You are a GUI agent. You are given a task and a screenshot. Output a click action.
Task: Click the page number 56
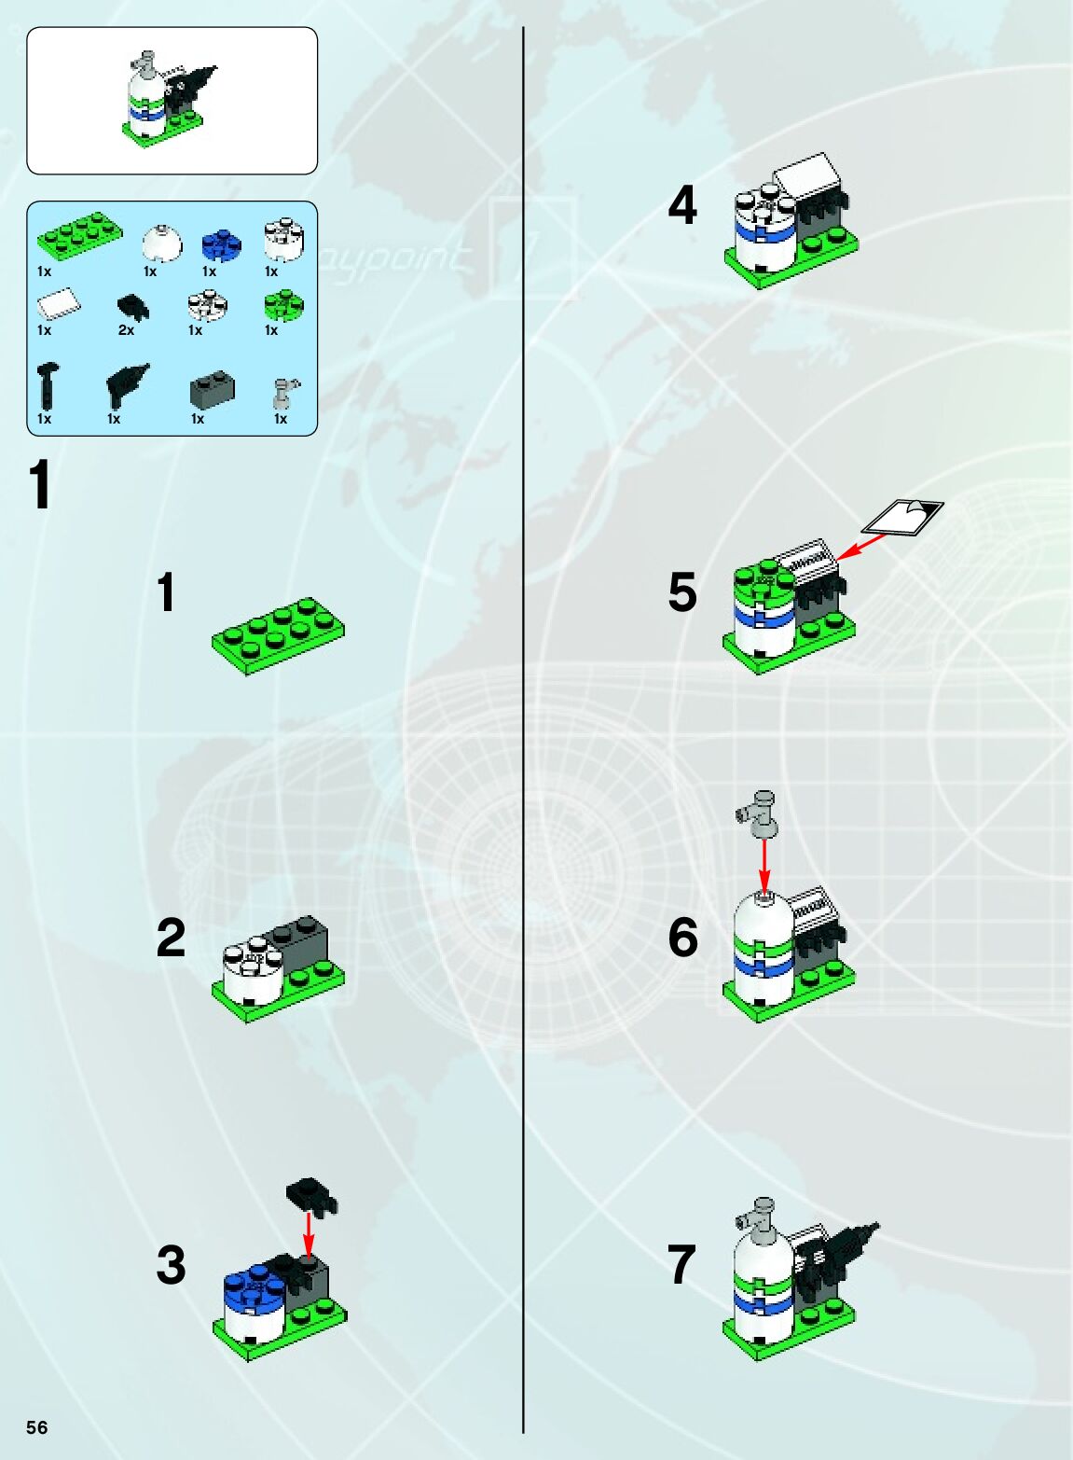tap(36, 1426)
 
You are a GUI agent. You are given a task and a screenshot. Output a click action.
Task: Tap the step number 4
tap(682, 206)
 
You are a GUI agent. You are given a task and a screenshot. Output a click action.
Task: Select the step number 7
tap(681, 1265)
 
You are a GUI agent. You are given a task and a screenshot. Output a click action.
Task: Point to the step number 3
tap(171, 1265)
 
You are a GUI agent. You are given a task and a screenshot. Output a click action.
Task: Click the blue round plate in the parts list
tap(221, 246)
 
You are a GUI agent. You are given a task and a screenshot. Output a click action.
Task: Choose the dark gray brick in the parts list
tap(212, 390)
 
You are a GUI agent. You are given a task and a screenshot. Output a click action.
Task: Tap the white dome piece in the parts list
tap(162, 244)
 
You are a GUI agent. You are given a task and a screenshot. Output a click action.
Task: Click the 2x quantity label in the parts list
tap(126, 330)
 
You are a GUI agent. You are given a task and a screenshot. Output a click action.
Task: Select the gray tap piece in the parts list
tap(282, 393)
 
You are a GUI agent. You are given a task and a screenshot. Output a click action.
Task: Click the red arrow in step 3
tap(309, 1231)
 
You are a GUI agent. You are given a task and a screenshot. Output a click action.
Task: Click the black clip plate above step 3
tap(311, 1196)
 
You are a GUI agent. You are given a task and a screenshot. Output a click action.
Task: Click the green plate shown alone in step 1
tap(278, 635)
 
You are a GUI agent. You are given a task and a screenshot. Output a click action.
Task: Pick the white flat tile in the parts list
tap(59, 303)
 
